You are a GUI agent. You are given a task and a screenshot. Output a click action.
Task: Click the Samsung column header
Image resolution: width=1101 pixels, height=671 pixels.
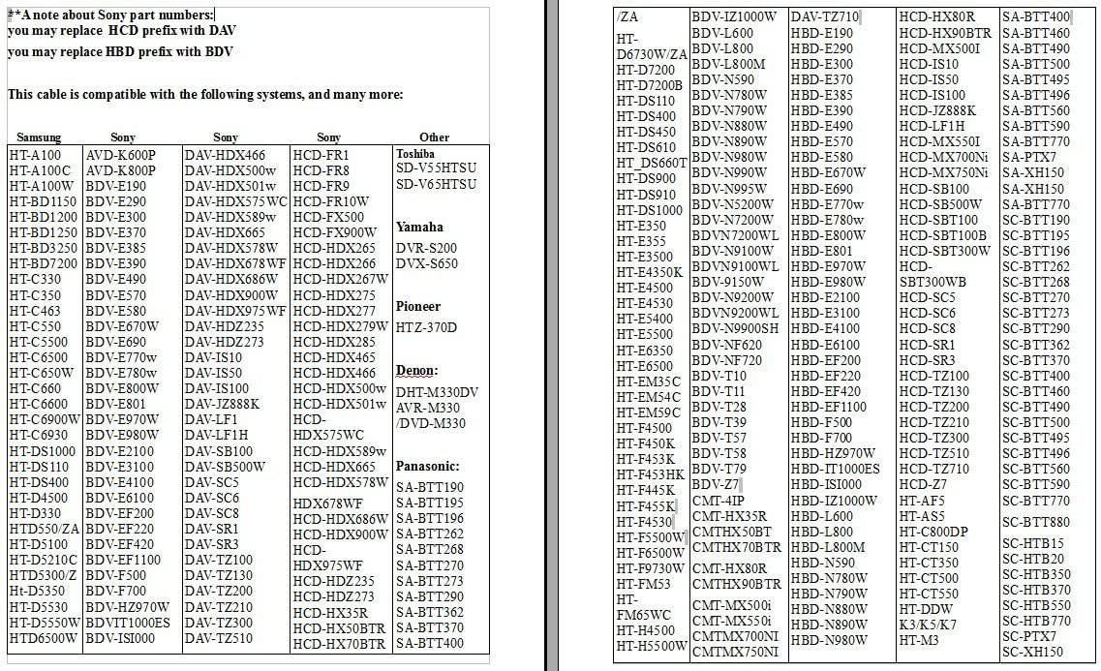[39, 137]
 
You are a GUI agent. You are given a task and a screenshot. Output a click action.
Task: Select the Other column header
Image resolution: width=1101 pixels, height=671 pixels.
[434, 137]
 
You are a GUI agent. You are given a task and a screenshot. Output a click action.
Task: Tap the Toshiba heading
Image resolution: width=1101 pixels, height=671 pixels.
[415, 154]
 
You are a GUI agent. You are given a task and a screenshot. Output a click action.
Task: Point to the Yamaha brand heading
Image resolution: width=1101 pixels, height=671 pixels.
[419, 227]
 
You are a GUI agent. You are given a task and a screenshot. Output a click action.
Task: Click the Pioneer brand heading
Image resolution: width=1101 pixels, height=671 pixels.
[418, 306]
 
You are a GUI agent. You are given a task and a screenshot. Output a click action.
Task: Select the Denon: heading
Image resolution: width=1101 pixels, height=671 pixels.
[417, 371]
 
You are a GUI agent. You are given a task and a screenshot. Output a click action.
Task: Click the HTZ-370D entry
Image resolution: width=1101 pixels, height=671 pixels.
[426, 327]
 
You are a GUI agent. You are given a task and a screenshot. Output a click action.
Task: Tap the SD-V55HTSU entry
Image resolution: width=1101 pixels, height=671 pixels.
[436, 169]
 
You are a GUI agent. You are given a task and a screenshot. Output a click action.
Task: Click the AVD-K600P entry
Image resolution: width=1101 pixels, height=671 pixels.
[121, 155]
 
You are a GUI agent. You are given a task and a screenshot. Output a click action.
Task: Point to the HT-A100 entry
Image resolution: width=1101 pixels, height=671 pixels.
[35, 155]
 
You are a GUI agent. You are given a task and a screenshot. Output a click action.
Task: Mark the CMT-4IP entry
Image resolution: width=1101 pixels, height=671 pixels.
[719, 501]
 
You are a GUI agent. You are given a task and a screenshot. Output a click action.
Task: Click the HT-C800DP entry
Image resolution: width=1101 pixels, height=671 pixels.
[933, 532]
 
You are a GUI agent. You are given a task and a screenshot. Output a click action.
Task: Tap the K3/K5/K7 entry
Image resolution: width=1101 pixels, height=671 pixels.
[928, 625]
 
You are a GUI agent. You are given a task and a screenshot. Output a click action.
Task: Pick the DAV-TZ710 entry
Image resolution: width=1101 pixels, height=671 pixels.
[825, 16]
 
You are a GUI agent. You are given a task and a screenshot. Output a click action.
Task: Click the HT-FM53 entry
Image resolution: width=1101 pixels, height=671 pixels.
[643, 585]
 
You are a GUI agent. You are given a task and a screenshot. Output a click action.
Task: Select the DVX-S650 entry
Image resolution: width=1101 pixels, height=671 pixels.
[426, 263]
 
